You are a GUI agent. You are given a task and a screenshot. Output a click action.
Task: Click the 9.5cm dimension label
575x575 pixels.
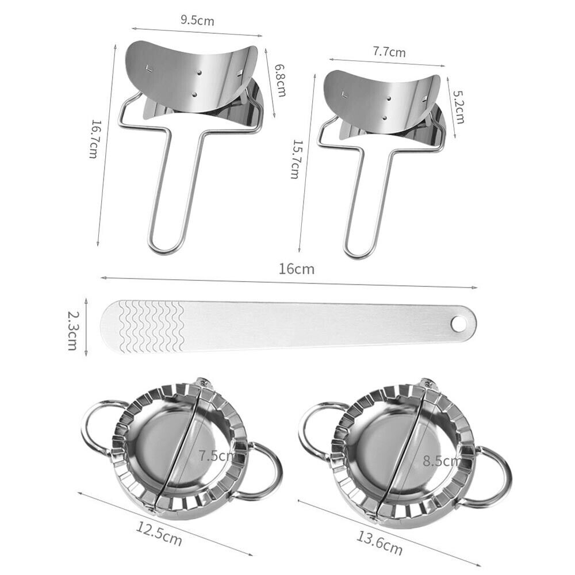[x=197, y=21]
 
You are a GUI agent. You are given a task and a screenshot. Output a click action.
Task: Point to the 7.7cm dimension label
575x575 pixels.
[x=389, y=52]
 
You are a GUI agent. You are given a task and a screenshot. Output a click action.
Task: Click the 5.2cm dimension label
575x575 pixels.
[x=458, y=109]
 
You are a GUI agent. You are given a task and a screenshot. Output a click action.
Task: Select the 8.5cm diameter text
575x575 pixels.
[x=442, y=460]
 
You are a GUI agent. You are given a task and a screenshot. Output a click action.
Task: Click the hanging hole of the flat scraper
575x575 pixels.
[x=458, y=324]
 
